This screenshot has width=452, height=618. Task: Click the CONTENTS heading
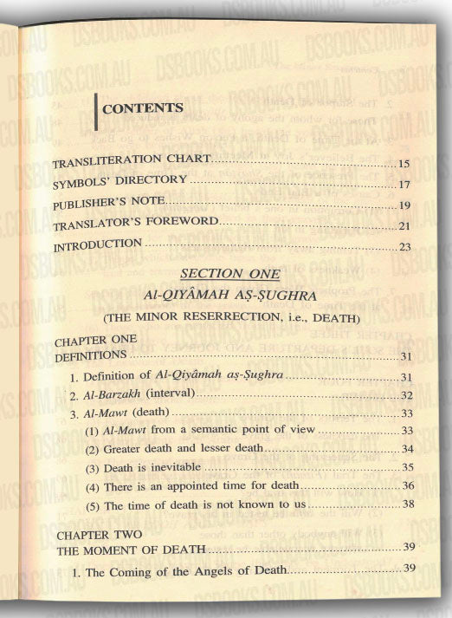(142, 108)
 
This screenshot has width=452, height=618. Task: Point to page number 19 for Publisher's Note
(404, 205)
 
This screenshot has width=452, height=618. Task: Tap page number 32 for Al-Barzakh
(407, 394)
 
